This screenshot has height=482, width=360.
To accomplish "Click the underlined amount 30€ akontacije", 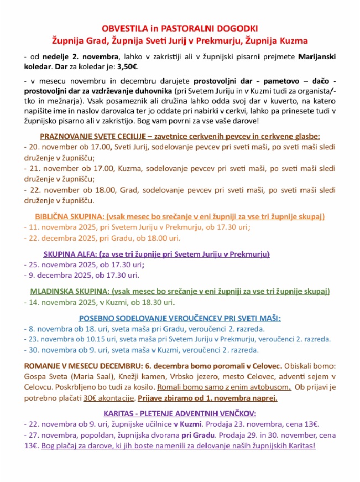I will click(109, 398).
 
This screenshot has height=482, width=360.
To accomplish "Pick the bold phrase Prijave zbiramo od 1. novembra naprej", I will click(207, 398).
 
